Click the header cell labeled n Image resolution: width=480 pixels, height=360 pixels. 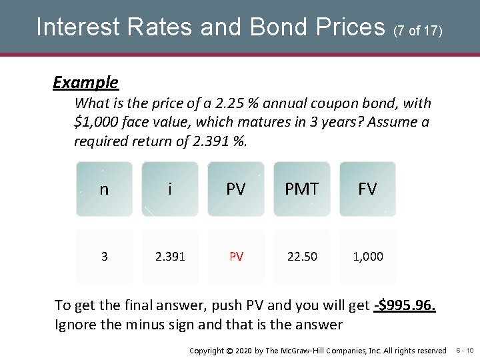[x=104, y=189]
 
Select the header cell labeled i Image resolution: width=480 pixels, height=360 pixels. [x=170, y=189]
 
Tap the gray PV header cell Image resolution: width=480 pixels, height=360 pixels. [x=236, y=189]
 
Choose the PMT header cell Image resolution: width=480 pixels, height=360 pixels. [x=301, y=189]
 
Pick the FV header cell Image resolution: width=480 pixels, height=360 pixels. [x=367, y=189]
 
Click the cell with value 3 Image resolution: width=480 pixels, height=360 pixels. [x=104, y=257]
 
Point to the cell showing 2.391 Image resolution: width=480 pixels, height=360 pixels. [x=170, y=257]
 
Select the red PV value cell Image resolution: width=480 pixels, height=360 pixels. [x=236, y=257]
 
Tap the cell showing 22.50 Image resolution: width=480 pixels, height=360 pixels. [x=301, y=257]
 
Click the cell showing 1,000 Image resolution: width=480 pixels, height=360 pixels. [x=367, y=257]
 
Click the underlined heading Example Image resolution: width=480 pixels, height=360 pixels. [x=85, y=83]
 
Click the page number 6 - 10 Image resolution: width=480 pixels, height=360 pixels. [x=465, y=350]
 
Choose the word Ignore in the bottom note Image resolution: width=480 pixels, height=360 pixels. [x=75, y=325]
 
